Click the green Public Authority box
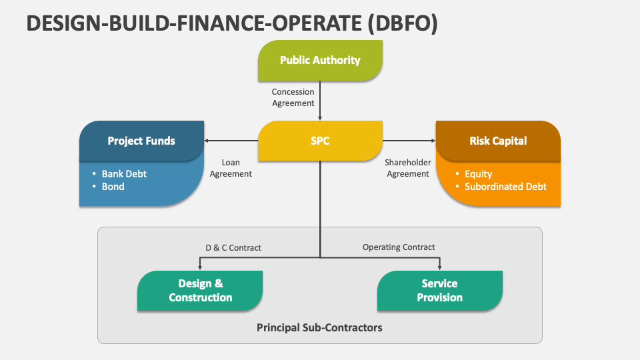(320, 61)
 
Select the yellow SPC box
(320, 141)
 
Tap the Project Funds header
(141, 141)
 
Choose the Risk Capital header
(498, 141)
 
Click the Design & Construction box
(200, 291)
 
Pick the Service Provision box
(439, 291)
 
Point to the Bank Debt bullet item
(119, 174)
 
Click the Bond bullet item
(108, 187)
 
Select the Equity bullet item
(474, 174)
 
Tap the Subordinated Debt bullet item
(501, 187)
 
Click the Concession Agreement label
(293, 97)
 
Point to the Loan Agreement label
(231, 168)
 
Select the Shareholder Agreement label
(408, 168)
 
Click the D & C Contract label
(233, 248)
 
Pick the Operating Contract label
(399, 247)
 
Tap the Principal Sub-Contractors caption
(319, 328)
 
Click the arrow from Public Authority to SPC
(320, 101)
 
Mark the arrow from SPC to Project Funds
(231, 141)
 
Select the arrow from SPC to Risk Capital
(409, 141)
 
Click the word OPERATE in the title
(317, 23)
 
